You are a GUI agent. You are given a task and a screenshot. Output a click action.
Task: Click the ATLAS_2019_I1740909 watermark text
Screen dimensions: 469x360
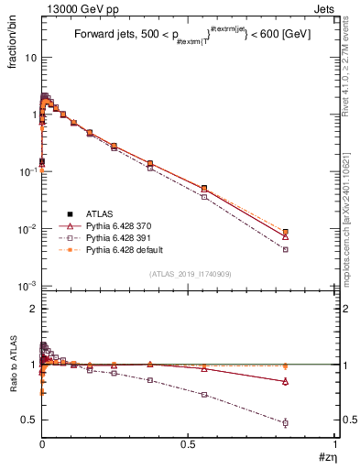[x=189, y=275]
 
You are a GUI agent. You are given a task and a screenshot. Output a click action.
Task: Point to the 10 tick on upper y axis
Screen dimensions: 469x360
[x=30, y=57]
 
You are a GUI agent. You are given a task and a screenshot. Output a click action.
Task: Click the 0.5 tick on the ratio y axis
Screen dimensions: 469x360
[x=27, y=420]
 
